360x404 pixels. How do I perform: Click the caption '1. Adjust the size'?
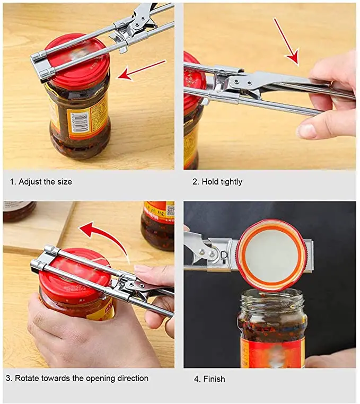click(41, 182)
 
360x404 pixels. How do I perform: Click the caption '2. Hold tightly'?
click(217, 182)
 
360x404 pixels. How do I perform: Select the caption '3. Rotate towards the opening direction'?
click(77, 378)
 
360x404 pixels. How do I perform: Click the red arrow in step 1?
click(141, 70)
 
